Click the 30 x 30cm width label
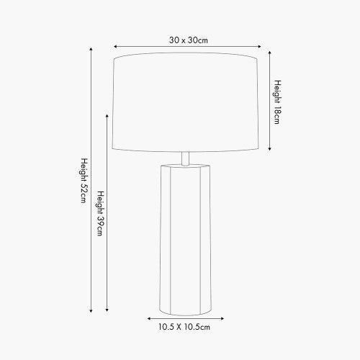[189, 40]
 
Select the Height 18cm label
[276, 102]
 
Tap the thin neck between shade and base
[185, 158]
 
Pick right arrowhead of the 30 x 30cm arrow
[258, 48]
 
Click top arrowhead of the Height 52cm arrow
[91, 49]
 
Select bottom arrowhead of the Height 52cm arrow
[91, 311]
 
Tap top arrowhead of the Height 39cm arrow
[108, 113]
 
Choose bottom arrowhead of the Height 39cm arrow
[108, 311]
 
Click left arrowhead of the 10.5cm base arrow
[149, 318]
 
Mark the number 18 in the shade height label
[276, 112]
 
